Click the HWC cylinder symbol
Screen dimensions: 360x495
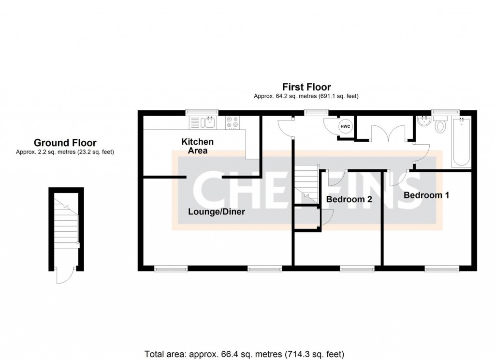tap(345, 126)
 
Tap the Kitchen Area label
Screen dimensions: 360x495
tap(197, 146)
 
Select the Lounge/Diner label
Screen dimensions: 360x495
tap(217, 211)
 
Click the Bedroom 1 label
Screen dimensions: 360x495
tap(426, 195)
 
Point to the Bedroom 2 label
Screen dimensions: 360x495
tap(349, 199)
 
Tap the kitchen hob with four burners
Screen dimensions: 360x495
tap(233, 122)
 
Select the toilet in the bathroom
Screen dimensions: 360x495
tap(440, 126)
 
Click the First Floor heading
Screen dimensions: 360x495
tap(306, 87)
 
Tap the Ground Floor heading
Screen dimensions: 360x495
tap(65, 143)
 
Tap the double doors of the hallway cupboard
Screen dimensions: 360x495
tap(387, 134)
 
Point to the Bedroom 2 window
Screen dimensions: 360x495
tap(357, 267)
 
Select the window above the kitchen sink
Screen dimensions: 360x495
tap(202, 112)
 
